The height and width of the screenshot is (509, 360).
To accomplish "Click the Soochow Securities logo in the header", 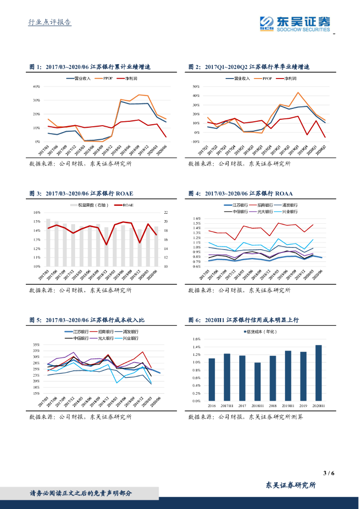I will (295, 23).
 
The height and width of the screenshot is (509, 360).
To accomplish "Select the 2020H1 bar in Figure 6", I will (318, 373).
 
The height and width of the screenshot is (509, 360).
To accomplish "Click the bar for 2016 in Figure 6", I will (212, 379).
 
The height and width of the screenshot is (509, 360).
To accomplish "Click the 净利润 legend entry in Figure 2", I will (289, 79).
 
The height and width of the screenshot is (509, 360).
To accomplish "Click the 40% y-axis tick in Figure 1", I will (36, 86).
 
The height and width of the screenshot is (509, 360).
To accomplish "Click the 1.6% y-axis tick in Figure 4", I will (196, 218).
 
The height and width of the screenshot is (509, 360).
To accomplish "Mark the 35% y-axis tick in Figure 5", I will (36, 344).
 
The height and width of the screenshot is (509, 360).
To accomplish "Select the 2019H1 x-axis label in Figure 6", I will (288, 405).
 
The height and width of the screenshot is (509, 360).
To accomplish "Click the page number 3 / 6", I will (328, 473).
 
